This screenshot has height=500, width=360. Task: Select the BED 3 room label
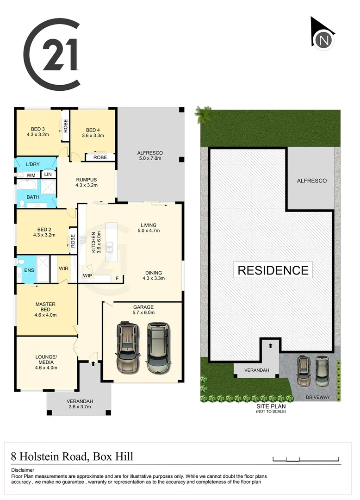point(38,129)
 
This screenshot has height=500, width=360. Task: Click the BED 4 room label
point(93,130)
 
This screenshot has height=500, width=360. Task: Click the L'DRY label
point(32,164)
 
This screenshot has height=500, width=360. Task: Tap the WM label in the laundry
point(31,175)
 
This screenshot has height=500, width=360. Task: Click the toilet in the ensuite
point(21,262)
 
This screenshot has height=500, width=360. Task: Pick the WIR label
point(63,268)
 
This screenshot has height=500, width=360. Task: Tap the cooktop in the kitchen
point(82,240)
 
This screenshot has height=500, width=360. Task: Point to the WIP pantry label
point(87,276)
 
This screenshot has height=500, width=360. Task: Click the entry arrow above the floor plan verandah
point(94,364)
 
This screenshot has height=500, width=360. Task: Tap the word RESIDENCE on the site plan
point(273,270)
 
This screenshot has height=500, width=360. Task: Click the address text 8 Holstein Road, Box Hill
point(72,457)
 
